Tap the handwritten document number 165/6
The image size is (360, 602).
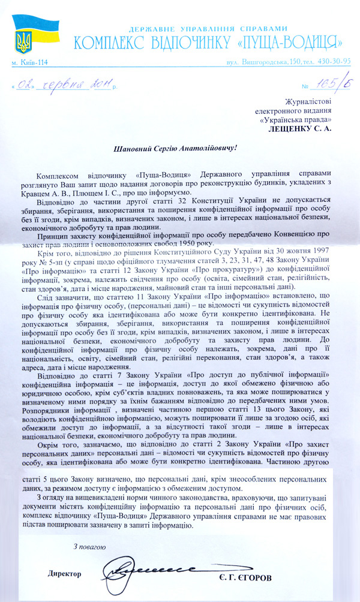pos(327,86)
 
